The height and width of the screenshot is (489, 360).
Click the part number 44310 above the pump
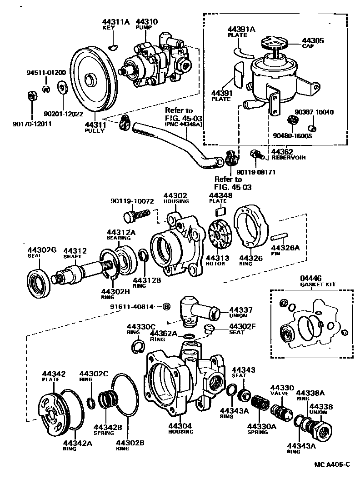point(146,21)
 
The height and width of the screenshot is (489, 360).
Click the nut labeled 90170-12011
point(31,96)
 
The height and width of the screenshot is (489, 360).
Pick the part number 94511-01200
point(46,72)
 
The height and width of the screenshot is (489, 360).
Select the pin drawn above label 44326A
point(278,236)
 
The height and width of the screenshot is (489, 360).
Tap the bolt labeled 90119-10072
point(136,214)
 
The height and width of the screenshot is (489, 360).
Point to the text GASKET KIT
point(318,284)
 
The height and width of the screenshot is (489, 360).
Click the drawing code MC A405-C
point(332,464)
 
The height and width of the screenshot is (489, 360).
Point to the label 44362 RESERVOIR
point(288,155)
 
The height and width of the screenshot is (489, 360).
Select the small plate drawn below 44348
point(220,210)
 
